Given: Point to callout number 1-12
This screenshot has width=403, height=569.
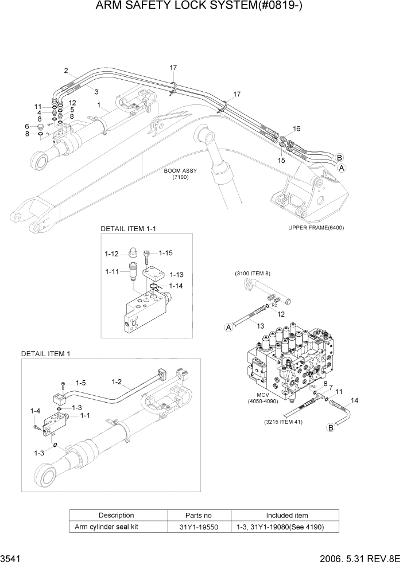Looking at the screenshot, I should pos(111,254).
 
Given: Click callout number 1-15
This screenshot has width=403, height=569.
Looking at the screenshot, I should pos(165,252).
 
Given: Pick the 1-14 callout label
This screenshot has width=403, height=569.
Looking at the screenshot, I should pos(177,285).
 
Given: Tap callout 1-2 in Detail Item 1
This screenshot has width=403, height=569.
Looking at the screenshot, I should pos(117,381).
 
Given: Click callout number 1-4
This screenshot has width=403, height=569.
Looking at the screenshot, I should pos(35,411).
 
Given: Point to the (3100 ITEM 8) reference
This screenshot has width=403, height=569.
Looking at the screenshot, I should pos(253,273).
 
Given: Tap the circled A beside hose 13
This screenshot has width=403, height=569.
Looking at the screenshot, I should pos(228,328).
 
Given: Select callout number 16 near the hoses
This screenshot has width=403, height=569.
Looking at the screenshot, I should pos(297,128).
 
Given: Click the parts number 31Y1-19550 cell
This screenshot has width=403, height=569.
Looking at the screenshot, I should pos(199,527).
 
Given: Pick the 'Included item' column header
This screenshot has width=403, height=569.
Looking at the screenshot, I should pos(286,515).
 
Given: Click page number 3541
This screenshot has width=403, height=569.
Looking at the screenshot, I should pos(12,558).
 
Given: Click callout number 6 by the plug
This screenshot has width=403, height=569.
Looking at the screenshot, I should pos(26,126).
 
